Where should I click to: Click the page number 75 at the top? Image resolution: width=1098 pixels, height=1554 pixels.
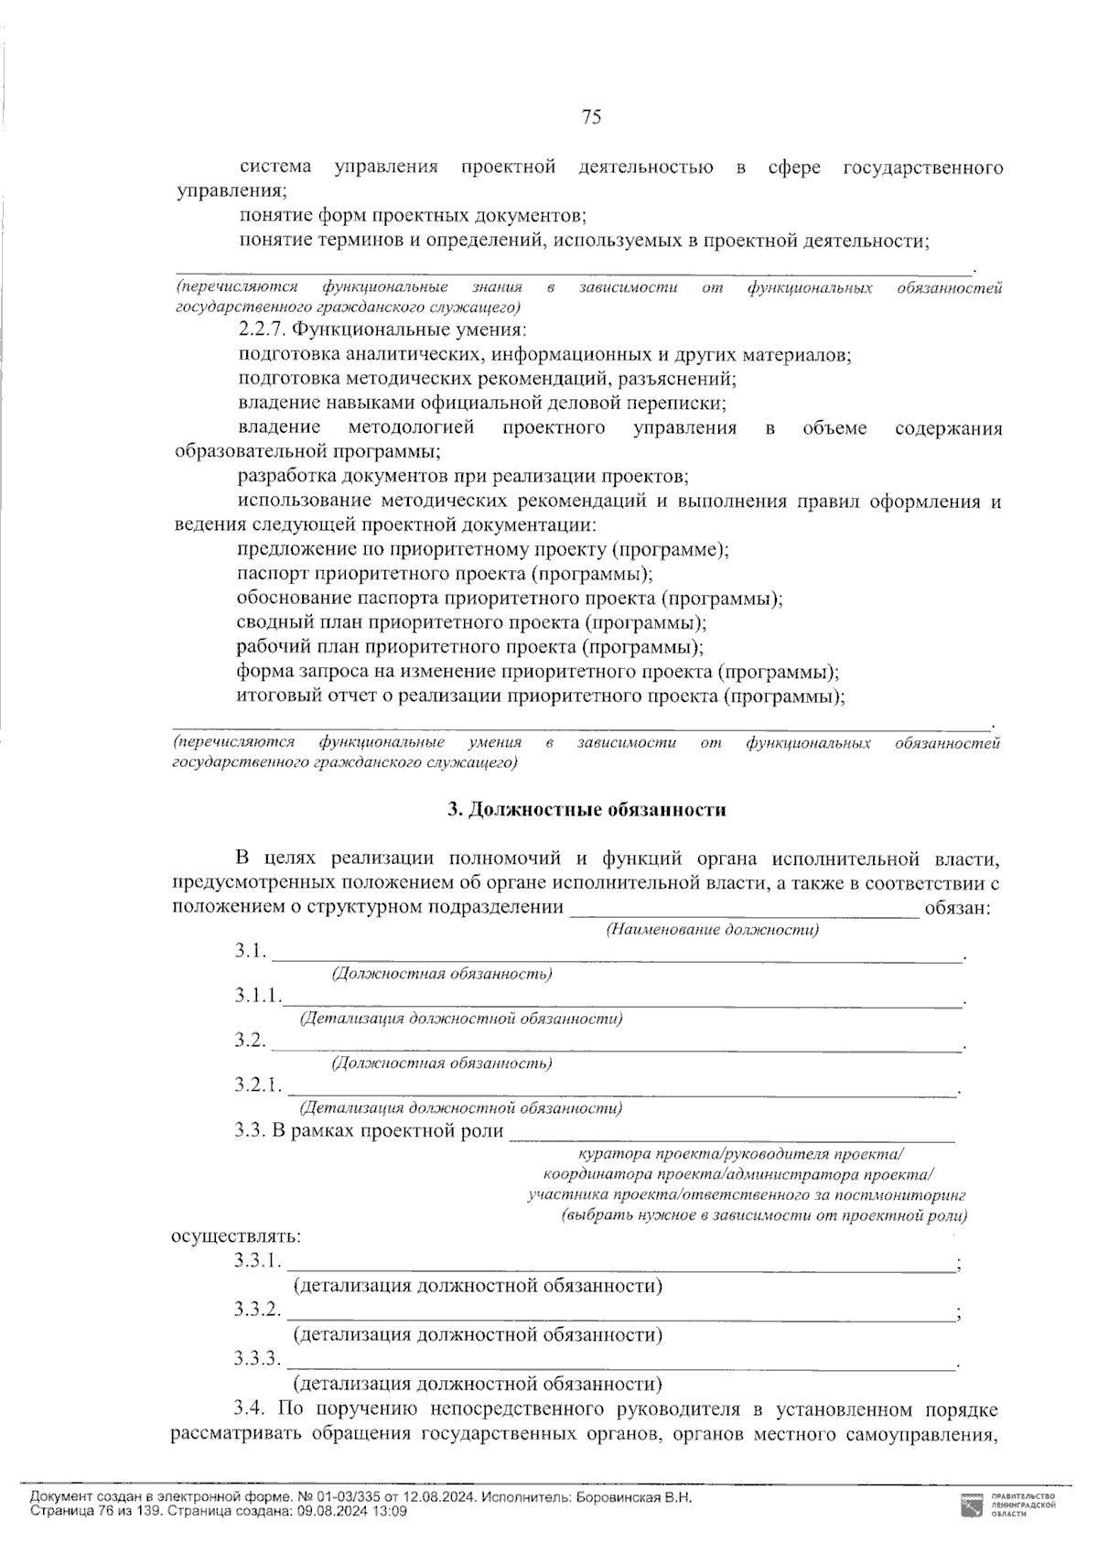(591, 117)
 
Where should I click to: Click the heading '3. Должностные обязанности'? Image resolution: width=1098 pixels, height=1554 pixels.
(587, 809)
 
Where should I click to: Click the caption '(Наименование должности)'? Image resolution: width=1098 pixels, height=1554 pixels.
(713, 930)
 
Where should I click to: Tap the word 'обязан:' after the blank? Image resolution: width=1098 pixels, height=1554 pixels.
(957, 907)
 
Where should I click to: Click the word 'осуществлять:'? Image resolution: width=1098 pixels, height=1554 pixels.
(236, 1236)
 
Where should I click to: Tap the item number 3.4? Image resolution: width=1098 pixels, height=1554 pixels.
(250, 1408)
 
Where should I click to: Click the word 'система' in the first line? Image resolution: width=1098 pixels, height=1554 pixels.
(275, 167)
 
